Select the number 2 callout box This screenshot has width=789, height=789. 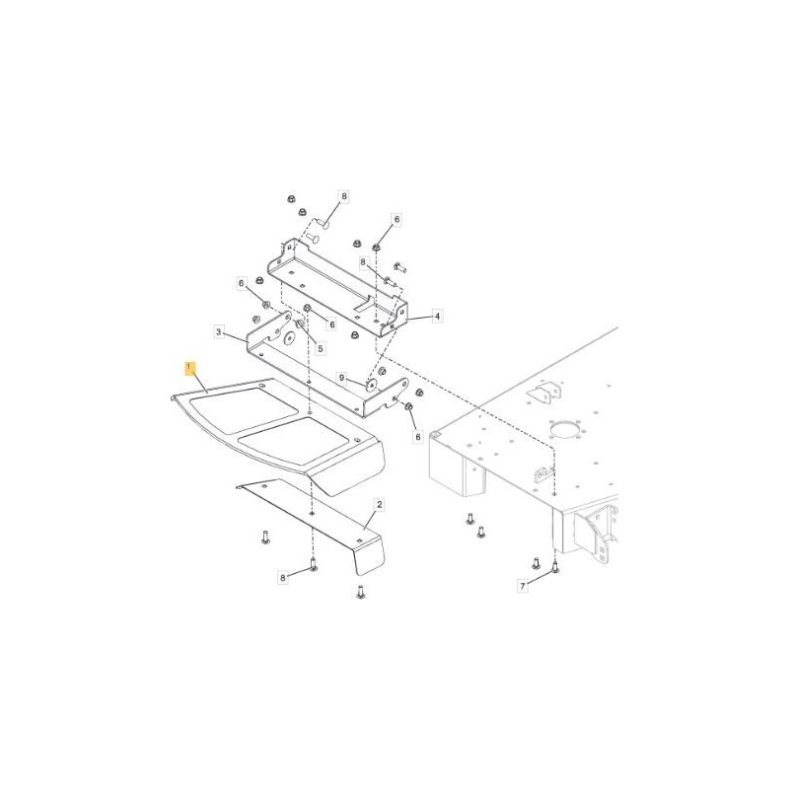[x=379, y=504]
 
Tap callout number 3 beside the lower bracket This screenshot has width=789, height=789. [x=219, y=332]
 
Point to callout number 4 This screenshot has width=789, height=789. [x=437, y=317]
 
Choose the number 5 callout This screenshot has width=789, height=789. [x=320, y=348]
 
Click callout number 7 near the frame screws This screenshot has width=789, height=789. [x=524, y=587]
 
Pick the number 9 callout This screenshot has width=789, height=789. [x=341, y=378]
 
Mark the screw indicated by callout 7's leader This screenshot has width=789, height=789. [x=555, y=567]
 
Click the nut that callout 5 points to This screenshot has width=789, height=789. [x=302, y=325]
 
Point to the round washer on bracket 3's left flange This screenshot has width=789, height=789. [x=290, y=338]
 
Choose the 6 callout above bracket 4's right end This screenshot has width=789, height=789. [x=397, y=219]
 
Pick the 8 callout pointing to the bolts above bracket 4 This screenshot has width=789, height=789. [x=344, y=197]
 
